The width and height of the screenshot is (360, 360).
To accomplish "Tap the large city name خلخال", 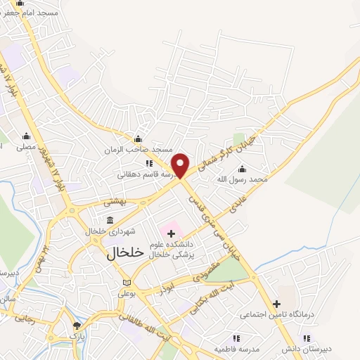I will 125,253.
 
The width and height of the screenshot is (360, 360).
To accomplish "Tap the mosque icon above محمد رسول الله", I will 243,169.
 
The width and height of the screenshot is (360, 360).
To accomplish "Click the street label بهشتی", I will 114,201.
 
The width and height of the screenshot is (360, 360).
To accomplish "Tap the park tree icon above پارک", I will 77,326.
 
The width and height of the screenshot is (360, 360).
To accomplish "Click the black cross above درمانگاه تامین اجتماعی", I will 276,304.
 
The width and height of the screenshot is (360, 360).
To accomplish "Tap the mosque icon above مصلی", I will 27,136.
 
